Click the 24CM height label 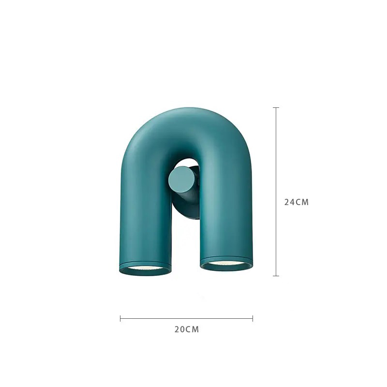click(x=297, y=202)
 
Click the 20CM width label click(x=187, y=329)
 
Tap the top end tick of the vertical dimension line click(x=276, y=107)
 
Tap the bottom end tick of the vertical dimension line click(x=276, y=276)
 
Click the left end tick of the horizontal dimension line click(x=120, y=318)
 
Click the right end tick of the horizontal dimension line click(x=253, y=318)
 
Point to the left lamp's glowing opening click(x=146, y=268)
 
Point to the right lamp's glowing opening click(x=227, y=263)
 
